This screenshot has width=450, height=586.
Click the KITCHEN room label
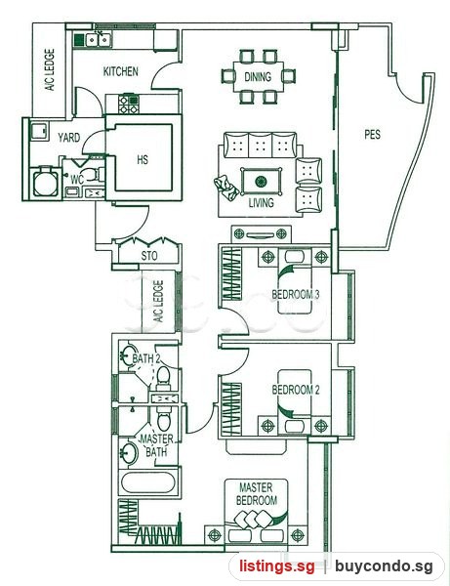click(x=121, y=71)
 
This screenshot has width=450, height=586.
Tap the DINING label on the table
click(x=258, y=76)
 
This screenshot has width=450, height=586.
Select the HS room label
click(x=143, y=159)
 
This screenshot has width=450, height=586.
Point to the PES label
click(x=372, y=134)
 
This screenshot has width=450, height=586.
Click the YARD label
click(x=69, y=137)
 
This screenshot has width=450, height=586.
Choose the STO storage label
click(x=149, y=256)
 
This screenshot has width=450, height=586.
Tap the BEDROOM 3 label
click(x=296, y=295)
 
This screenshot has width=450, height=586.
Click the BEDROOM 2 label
click(x=296, y=390)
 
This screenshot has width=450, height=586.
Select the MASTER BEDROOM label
click(x=257, y=493)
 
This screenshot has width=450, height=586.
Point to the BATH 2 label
click(x=146, y=358)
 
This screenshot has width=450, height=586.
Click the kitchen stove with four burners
click(x=129, y=105)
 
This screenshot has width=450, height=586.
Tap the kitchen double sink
click(x=99, y=40)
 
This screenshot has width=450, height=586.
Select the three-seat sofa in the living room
click(x=260, y=145)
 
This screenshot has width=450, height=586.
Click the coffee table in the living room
click(x=261, y=182)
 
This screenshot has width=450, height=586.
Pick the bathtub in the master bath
click(x=148, y=482)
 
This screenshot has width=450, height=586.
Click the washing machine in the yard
click(x=46, y=182)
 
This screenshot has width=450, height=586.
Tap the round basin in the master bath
click(x=129, y=452)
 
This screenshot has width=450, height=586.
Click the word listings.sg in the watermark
click(x=276, y=565)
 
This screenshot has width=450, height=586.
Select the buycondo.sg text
click(x=384, y=565)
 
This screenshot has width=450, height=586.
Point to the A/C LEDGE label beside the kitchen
click(x=50, y=70)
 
